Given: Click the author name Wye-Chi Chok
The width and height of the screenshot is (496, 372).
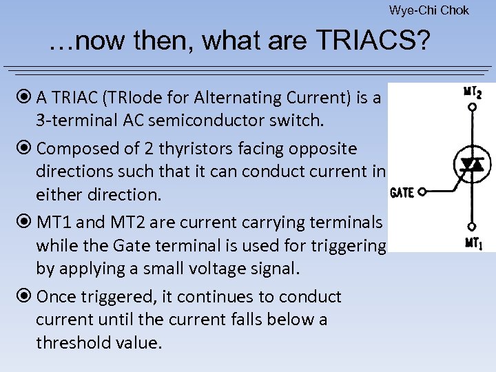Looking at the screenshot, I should [x=428, y=10].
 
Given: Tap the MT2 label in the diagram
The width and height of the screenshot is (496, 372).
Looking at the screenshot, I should [x=472, y=92].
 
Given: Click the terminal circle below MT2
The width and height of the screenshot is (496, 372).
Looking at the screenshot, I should [x=472, y=109].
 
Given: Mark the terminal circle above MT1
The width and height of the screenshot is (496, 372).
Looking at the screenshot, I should [x=472, y=225].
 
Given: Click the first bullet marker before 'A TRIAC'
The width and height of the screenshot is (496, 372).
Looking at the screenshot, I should [x=25, y=98].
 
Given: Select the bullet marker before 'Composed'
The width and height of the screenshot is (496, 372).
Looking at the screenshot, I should [x=25, y=149].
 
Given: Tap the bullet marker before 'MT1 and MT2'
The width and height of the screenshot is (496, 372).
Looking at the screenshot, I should [x=25, y=223].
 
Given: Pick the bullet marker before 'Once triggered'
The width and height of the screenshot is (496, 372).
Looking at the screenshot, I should [x=25, y=297].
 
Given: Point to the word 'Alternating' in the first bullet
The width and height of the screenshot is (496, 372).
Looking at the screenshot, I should [x=218, y=98].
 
